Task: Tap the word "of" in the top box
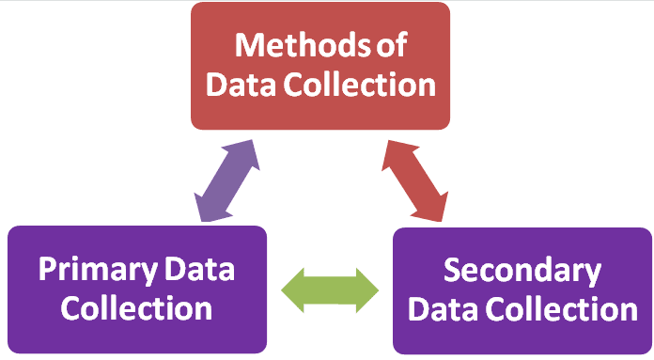click(x=387, y=44)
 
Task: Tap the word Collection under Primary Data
click(x=137, y=307)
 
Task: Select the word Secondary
click(x=522, y=271)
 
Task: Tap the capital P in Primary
click(x=49, y=271)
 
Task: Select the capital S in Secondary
click(x=453, y=271)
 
